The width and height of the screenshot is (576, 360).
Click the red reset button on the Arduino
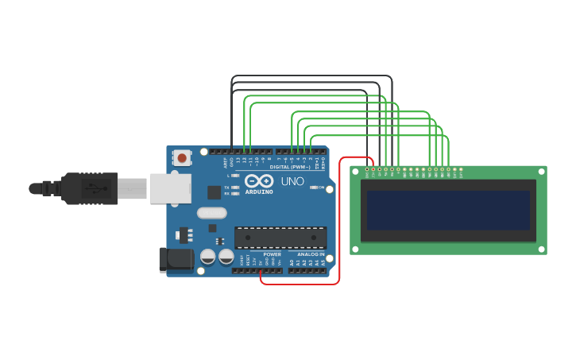[182, 157]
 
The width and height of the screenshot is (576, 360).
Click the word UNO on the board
[292, 181]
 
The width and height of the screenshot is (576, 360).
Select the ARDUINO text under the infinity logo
[259, 192]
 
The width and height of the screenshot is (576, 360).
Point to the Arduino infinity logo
[259, 180]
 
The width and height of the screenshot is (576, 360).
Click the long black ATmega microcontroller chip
[280, 237]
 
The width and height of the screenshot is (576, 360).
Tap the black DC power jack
[176, 259]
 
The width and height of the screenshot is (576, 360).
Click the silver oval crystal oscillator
[212, 212]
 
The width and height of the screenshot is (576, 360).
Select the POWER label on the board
[272, 254]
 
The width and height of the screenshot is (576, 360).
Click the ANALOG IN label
[311, 254]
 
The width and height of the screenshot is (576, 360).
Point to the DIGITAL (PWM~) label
[289, 167]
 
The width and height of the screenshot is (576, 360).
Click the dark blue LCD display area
[447, 210]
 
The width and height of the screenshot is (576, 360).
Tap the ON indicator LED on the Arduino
[315, 188]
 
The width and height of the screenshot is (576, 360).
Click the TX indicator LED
[235, 188]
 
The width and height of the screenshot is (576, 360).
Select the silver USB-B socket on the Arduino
[170, 188]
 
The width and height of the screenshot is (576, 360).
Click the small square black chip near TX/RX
[215, 192]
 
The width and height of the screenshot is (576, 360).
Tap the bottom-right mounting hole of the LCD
[540, 248]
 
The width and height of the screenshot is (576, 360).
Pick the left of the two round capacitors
[208, 257]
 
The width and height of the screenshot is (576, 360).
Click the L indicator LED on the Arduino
[235, 176]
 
